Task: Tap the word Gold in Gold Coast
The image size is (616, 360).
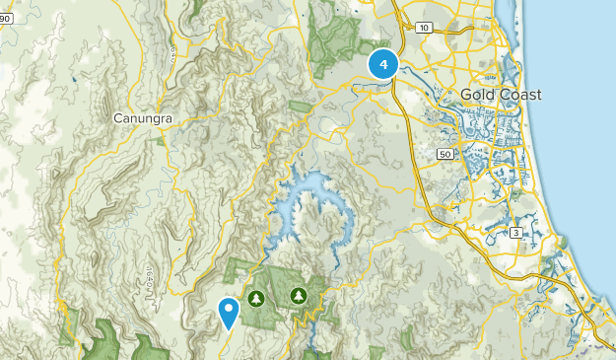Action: click(477, 94)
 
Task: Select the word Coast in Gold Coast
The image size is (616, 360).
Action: click(520, 94)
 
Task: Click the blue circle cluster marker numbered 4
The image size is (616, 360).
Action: click(382, 64)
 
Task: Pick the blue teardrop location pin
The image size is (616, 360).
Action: click(229, 312)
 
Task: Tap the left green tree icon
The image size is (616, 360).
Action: click(257, 296)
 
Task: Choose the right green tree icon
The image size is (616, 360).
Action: click(299, 294)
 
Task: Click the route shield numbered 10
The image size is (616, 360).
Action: click(423, 28)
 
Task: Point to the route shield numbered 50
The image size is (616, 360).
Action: click(445, 154)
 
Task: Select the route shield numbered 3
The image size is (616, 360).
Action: click(515, 232)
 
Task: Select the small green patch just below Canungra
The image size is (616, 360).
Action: click(161, 141)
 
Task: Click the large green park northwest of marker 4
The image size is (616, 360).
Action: click(335, 39)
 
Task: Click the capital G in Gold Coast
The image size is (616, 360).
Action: click(466, 94)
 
